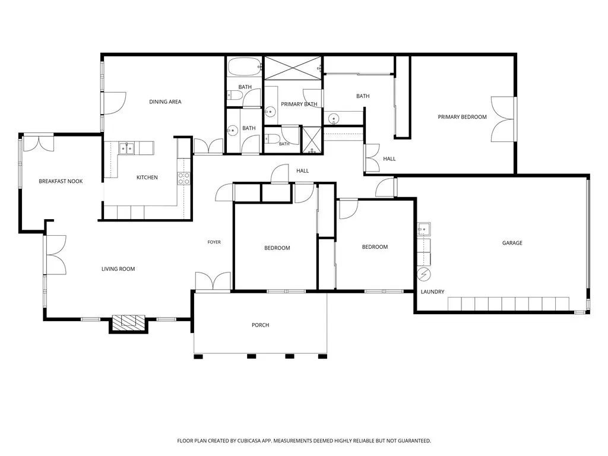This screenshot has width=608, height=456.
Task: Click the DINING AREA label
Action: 165,102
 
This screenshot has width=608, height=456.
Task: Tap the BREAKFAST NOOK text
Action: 61,181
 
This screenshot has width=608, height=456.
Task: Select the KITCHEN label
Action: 147,178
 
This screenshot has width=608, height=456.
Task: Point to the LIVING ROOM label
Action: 118,269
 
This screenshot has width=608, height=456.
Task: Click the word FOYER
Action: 214,242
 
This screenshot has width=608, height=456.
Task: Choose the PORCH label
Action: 260,325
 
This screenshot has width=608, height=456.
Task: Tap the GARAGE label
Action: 512,243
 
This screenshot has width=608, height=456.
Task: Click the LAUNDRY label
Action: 432,292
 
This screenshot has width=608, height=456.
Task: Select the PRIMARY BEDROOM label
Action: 462,117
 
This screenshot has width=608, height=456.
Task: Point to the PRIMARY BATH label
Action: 299,104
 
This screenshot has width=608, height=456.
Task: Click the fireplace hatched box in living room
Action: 128,322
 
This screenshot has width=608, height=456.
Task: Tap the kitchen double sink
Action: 126,148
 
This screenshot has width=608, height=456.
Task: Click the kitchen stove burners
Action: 183,178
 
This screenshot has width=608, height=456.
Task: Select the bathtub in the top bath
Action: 244,67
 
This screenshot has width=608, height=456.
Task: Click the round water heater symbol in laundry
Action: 424,274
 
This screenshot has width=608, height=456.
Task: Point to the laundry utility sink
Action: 424,229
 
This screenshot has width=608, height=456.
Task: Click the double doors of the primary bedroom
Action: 502,119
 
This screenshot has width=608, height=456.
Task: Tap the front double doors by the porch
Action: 213,281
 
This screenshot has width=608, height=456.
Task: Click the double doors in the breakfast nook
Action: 39,142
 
